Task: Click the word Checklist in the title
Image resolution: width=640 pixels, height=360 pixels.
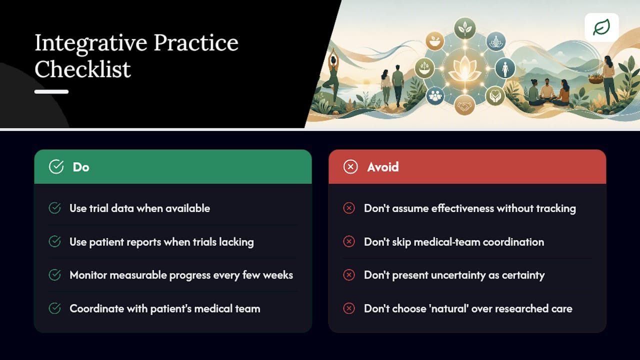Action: point(82,69)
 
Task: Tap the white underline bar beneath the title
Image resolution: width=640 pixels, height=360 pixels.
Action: point(51,91)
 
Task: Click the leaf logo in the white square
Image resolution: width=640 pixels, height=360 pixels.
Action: point(601,27)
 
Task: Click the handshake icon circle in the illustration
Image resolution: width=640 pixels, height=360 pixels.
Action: point(464,105)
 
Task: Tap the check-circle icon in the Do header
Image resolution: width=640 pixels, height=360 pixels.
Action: point(56,166)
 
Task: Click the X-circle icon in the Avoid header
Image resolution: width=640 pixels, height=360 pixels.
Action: point(350,167)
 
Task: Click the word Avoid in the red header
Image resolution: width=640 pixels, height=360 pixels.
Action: point(383,167)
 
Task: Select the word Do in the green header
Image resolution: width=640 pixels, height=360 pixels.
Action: point(81,167)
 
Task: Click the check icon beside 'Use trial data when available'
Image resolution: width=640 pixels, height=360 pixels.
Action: point(54,208)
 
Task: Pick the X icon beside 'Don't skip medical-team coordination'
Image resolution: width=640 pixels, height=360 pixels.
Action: point(349,241)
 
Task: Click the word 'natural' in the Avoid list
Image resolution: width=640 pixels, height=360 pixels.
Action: point(449,308)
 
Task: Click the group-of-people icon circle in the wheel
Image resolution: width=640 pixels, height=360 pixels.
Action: point(435,95)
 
